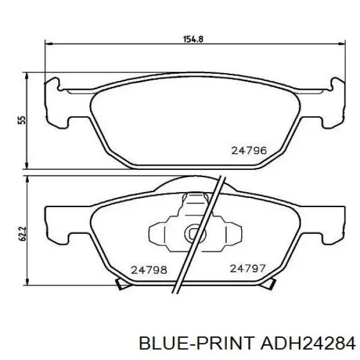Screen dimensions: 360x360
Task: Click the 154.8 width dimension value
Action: tap(193, 39)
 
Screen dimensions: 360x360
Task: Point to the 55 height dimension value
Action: tap(22, 120)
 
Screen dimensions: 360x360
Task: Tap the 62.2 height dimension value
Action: tap(22, 234)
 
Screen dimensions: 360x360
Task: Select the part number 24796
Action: tap(249, 151)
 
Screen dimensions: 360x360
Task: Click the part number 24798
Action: tap(149, 270)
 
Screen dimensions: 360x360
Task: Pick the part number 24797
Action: tap(248, 268)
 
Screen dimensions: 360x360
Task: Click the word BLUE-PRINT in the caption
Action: tap(197, 343)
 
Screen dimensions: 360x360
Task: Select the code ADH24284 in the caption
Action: tap(307, 343)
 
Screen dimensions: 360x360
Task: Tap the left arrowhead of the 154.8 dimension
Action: tap(49, 43)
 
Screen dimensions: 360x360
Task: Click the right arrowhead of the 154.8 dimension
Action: tap(341, 43)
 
